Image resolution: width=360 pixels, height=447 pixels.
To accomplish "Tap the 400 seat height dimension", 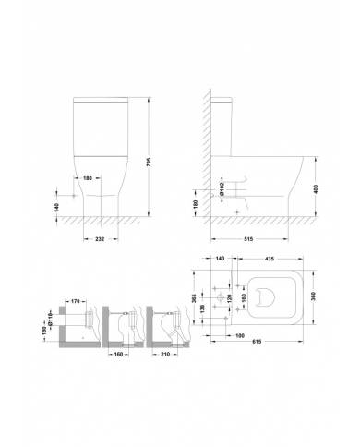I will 317,188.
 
